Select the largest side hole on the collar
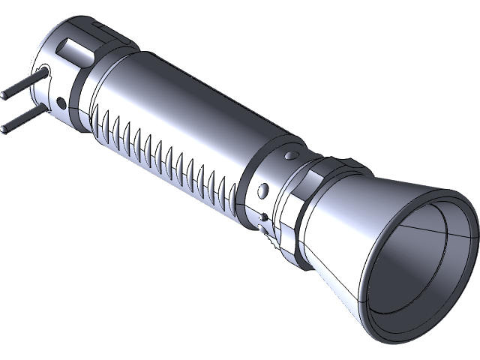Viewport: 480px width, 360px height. pos(262,188)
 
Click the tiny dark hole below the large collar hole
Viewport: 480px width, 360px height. pos(260,218)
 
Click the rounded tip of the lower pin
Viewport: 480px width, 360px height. pos(5,128)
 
